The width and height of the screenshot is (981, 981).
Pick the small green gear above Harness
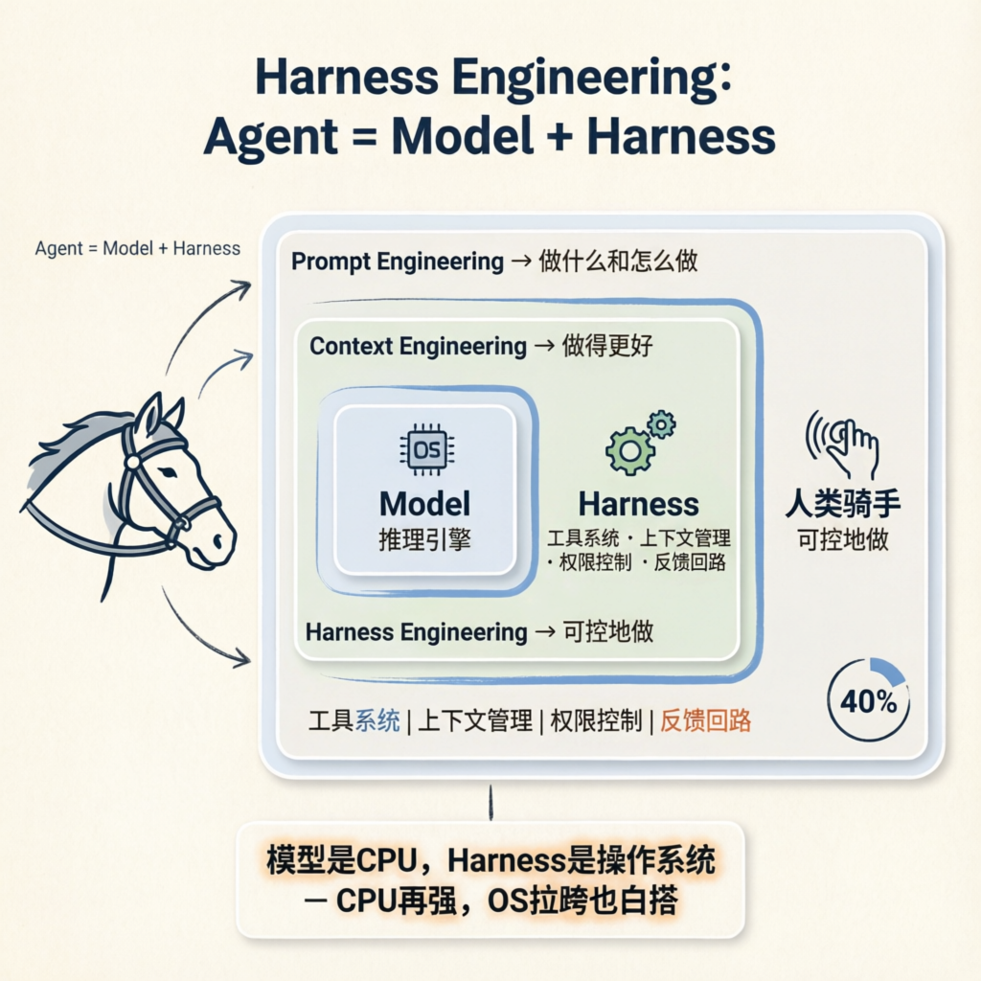click(661, 423)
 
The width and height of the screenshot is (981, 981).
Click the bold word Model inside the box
click(424, 504)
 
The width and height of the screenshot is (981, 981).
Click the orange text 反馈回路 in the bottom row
click(705, 720)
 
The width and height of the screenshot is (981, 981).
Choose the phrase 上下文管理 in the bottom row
click(474, 720)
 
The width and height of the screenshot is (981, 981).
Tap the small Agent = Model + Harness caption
click(138, 248)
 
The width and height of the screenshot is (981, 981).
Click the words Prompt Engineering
click(397, 261)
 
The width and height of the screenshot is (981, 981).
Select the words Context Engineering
click(418, 346)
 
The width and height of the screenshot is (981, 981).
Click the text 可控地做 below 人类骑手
click(843, 539)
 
